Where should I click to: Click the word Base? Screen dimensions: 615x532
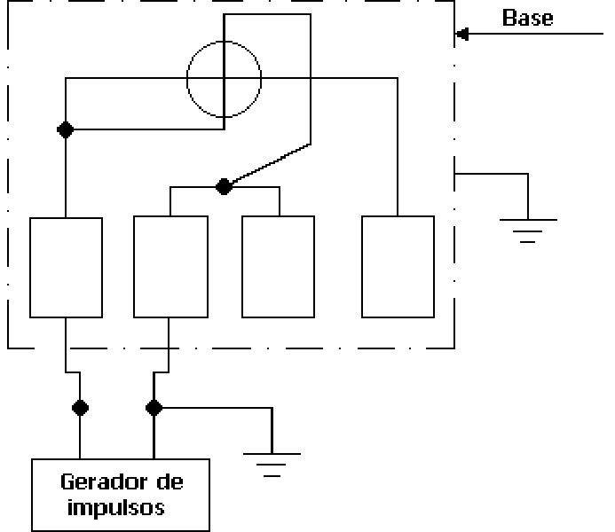point(527,18)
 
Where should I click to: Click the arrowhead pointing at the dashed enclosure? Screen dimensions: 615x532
point(462,34)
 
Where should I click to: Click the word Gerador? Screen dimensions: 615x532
point(105,481)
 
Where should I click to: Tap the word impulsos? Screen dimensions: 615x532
point(115,508)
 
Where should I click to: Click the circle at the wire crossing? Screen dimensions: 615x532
point(224,41)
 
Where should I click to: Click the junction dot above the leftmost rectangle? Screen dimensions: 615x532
point(66,129)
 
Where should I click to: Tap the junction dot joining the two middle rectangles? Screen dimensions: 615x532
point(224,187)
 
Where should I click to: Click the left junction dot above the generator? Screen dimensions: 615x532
point(80,408)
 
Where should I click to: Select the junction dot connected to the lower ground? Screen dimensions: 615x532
point(154,408)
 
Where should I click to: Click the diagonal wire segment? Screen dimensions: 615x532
point(271,164)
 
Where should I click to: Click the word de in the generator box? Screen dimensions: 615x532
point(170,481)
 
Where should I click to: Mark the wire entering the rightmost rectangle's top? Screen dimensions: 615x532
point(398,147)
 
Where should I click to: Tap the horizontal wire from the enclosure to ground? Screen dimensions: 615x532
point(491,174)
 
